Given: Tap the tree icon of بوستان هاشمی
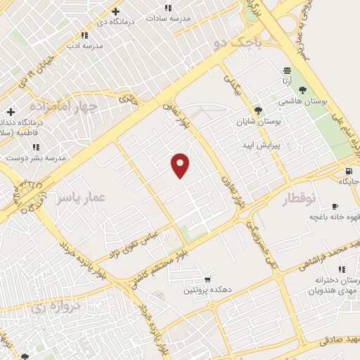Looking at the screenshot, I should click(x=302, y=90).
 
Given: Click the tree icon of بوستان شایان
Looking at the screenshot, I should click(x=258, y=110).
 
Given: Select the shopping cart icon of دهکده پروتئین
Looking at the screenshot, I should click(x=206, y=279).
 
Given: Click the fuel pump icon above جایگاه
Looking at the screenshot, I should click(x=348, y=172).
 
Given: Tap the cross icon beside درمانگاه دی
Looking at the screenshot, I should click(x=116, y=11).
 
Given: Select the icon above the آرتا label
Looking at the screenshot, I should click(x=286, y=70).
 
